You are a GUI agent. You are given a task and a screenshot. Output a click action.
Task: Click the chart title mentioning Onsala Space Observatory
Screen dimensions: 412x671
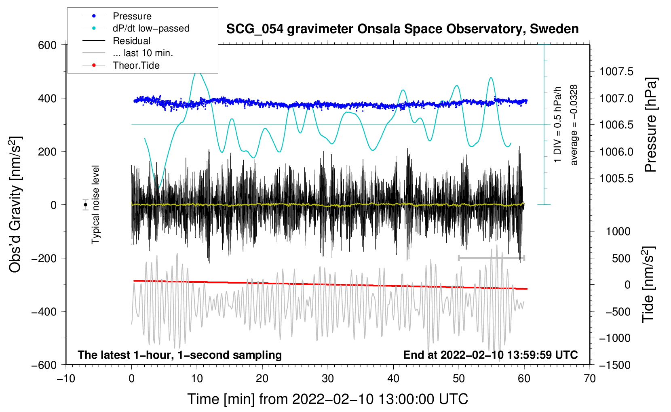(x=402, y=29)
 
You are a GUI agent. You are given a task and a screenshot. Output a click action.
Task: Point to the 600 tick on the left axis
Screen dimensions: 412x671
(x=47, y=45)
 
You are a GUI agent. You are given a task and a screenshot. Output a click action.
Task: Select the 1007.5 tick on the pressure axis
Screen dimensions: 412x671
(x=616, y=72)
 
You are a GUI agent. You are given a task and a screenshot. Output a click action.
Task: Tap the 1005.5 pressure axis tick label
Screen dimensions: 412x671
(x=616, y=179)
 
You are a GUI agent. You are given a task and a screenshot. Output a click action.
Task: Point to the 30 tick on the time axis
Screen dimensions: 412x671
(x=328, y=378)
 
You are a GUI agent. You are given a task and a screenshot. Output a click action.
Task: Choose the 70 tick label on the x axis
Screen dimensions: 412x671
(x=590, y=378)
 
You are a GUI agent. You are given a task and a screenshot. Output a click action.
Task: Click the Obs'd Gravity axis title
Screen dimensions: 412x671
(x=15, y=205)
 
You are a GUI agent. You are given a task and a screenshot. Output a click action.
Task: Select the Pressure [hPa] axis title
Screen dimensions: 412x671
(x=650, y=125)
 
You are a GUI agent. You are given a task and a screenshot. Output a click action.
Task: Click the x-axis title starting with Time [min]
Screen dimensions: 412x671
(x=327, y=399)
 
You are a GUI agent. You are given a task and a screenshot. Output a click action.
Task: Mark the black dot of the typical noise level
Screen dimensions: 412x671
(x=85, y=205)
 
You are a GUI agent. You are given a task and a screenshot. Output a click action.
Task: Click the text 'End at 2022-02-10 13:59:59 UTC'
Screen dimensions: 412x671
(x=490, y=355)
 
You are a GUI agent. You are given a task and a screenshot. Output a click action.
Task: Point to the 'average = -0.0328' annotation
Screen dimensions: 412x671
(x=574, y=125)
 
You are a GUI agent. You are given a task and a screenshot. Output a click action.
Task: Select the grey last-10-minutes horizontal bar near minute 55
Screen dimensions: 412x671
(x=491, y=258)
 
